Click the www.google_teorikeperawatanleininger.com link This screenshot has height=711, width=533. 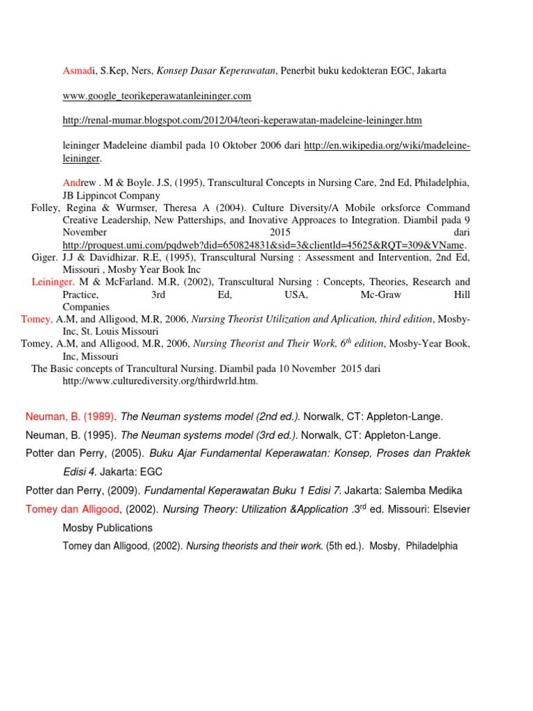pyautogui.click(x=156, y=95)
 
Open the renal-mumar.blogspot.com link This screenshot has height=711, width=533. pyautogui.click(x=242, y=120)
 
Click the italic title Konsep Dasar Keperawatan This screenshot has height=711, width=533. pyautogui.click(x=217, y=70)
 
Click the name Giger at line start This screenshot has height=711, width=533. pyautogui.click(x=46, y=258)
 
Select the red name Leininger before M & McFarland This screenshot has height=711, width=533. pyautogui.click(x=52, y=282)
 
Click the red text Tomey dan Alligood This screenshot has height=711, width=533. pyautogui.click(x=74, y=509)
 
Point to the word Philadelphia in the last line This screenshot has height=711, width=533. pyautogui.click(x=432, y=546)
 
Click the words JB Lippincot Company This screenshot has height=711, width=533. pyautogui.click(x=111, y=195)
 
